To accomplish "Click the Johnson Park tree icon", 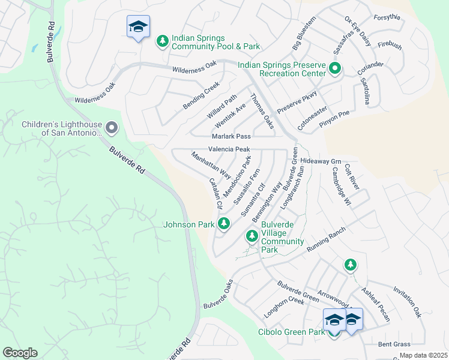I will point(224,224).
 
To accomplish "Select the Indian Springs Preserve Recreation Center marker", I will point(335,69).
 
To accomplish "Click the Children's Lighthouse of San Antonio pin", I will point(111,127).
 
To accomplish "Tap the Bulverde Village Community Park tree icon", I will point(252,238).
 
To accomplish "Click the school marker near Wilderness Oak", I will point(138,27).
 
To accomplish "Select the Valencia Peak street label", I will point(229,149).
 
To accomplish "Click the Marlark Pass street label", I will point(231,137).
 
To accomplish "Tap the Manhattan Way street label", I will point(211,164).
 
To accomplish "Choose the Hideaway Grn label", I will point(321,161).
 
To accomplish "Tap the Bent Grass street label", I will point(394,344).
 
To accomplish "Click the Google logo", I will point(20,353).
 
